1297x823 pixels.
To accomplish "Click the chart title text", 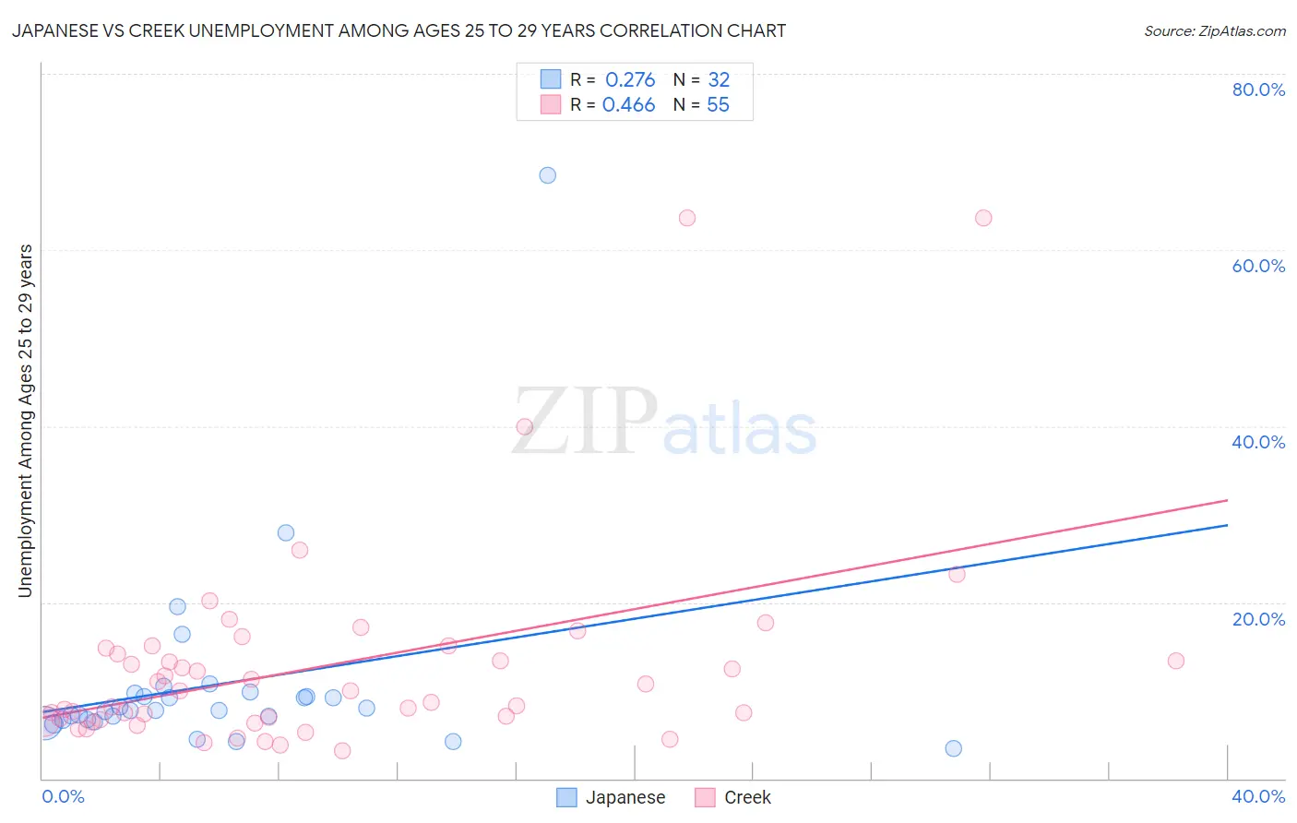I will point(399,30).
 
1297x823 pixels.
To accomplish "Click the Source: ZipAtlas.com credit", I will point(1214,30).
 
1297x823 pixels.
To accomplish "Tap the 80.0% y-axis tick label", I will point(1258,89).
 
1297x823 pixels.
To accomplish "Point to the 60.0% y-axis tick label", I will point(1258,266).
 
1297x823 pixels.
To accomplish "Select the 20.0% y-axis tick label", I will point(1258,619).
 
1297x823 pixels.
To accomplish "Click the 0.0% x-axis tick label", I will point(63,796).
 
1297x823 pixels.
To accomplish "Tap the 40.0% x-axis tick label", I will point(1258,796).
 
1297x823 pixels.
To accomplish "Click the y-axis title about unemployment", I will point(25,421).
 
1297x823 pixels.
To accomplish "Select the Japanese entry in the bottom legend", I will point(612,797).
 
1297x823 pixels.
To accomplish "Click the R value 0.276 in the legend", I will point(630,80).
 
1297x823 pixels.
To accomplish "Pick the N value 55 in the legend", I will point(718,105).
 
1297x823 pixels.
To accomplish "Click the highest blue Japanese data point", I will point(547,175).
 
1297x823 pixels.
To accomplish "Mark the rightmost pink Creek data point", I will point(1175,661).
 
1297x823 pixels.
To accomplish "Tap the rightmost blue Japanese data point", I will point(953,748).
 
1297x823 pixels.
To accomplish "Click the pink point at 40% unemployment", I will point(524,426).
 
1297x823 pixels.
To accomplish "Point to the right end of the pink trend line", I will point(1227,500).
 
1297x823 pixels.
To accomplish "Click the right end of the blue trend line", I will point(1227,525).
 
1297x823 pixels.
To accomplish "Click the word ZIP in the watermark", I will point(584,423).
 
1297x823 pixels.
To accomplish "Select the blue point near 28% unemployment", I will point(286,532).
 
